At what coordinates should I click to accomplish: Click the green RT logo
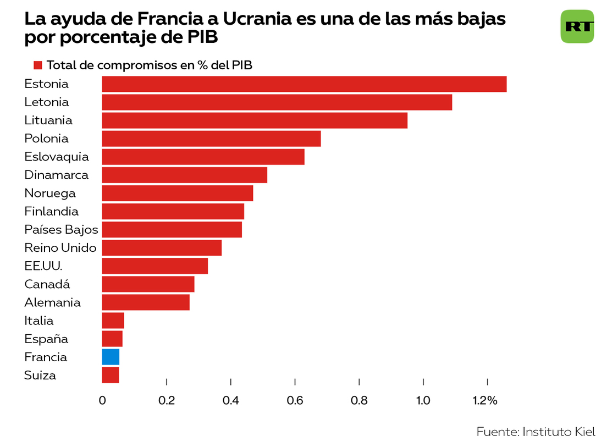coord(577,26)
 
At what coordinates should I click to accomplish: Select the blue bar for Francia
coord(111,357)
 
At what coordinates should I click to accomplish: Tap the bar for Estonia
coord(304,84)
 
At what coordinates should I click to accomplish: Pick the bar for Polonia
coord(211,139)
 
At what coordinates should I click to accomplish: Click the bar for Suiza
coord(111,375)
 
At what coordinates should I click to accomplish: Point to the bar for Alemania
coord(146,302)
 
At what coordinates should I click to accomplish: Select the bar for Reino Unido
coord(162,248)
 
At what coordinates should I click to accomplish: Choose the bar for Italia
coord(113,321)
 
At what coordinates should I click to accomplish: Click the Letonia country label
coord(47,102)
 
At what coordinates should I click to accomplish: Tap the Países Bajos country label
coord(61,230)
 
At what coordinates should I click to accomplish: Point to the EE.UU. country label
coord(43,266)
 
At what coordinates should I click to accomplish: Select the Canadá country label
coord(47,284)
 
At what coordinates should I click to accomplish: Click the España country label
coord(46,339)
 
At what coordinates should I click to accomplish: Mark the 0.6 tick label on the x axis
coord(295,401)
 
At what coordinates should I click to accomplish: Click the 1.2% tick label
coord(484,401)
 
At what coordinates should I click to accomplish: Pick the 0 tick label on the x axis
coord(102,401)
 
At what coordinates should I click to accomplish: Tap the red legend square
coord(38,65)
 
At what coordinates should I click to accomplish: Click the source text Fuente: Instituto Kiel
coord(536,432)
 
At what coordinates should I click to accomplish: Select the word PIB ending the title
coord(203,38)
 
